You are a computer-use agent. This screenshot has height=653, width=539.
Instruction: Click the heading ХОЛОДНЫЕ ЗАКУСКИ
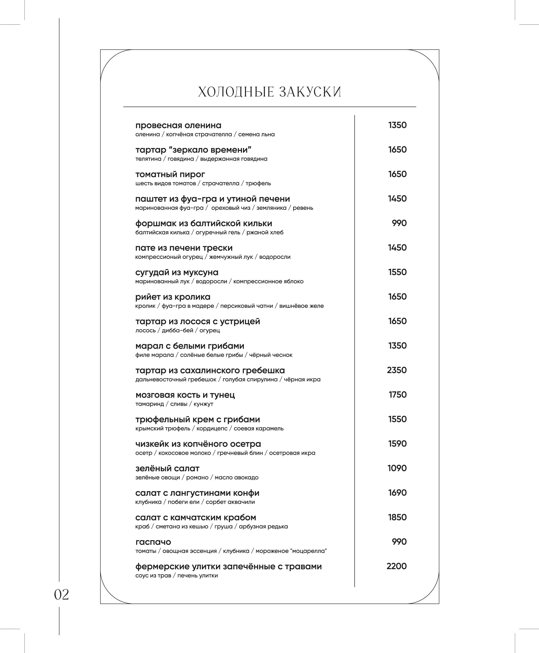click(x=269, y=92)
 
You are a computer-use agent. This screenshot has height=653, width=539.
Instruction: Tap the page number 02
click(x=61, y=594)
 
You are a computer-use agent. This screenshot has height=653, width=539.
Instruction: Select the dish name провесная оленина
click(x=178, y=126)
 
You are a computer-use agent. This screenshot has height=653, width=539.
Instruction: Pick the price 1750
click(x=397, y=395)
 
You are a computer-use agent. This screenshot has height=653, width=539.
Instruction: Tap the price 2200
click(x=396, y=566)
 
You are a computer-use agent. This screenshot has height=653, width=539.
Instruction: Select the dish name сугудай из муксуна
click(x=177, y=273)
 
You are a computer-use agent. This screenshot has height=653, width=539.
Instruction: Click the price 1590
click(x=397, y=444)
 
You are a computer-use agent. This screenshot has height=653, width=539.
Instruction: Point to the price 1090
click(x=397, y=468)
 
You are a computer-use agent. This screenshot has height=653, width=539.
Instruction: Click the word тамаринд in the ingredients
click(x=150, y=404)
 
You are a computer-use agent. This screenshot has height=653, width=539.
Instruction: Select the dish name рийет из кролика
click(x=173, y=297)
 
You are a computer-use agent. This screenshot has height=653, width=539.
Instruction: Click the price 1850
click(x=397, y=517)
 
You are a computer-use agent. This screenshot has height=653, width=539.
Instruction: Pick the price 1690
click(x=397, y=493)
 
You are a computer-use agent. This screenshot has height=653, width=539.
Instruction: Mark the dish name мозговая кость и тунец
click(x=185, y=395)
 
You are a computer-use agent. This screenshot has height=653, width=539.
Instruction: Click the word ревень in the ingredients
click(x=303, y=208)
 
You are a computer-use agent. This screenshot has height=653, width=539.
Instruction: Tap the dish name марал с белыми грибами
click(x=190, y=346)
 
